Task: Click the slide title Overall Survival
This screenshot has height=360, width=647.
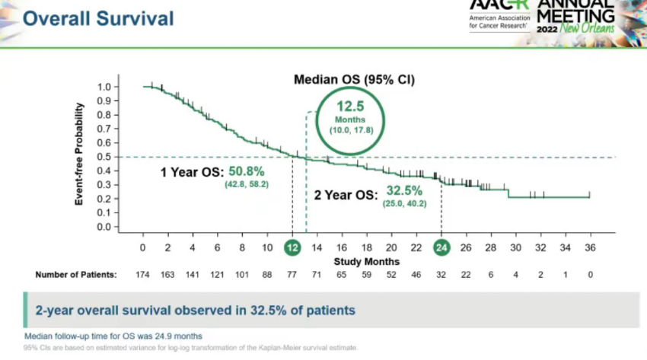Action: (98, 18)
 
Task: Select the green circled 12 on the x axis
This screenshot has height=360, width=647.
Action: (292, 247)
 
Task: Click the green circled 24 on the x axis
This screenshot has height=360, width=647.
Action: (441, 247)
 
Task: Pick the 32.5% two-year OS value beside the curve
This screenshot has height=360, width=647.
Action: (404, 191)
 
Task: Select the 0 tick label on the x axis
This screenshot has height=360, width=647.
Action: (143, 248)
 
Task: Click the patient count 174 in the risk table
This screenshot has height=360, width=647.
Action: (143, 275)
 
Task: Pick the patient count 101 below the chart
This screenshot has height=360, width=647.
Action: (242, 275)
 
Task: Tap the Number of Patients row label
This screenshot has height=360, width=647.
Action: (76, 275)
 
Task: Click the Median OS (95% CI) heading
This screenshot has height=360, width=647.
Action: (354, 79)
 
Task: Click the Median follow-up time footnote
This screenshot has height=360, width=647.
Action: (113, 336)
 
